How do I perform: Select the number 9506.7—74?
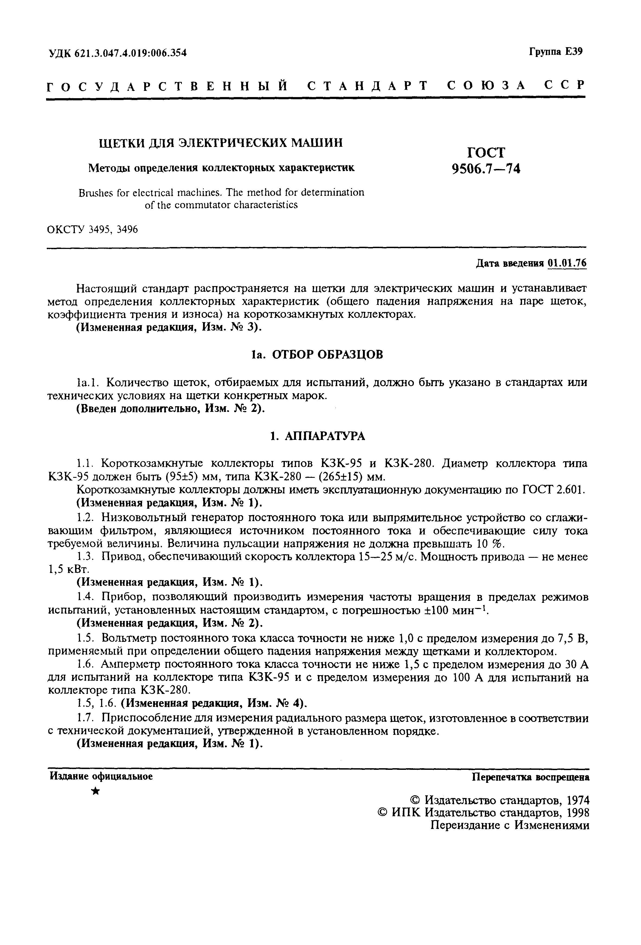tap(486, 168)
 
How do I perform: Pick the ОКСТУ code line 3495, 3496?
tap(93, 230)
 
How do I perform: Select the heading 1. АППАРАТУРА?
tap(317, 436)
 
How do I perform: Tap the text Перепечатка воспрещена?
tap(530, 777)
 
